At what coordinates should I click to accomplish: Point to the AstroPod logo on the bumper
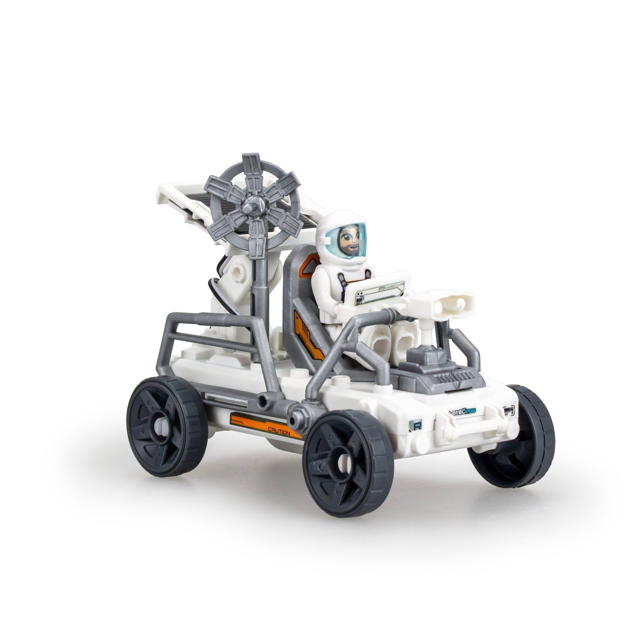pos(462,411)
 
